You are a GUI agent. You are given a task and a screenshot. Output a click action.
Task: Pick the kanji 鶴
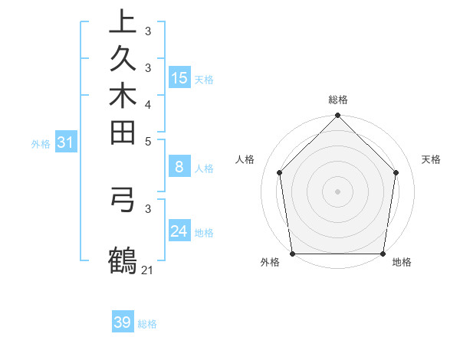coord(123,260)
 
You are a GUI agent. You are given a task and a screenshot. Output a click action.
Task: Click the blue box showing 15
coord(179,78)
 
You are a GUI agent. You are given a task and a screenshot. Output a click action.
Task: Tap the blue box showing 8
coord(179,167)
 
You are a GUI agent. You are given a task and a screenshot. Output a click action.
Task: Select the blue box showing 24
coord(179,231)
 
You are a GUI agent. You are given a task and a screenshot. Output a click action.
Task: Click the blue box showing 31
coord(66,142)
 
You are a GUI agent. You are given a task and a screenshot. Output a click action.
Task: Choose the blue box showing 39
coord(123,322)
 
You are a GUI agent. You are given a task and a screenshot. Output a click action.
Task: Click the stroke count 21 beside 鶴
coord(147,270)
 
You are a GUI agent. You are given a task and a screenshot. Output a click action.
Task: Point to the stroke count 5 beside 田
coord(147,142)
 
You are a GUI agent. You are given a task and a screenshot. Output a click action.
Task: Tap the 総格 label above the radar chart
coord(337,100)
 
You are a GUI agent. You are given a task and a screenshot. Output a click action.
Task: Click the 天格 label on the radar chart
coord(432,159)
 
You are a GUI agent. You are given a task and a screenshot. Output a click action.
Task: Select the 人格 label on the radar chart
coord(245,159)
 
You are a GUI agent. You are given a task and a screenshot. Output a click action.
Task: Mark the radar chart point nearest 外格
coord(292,254)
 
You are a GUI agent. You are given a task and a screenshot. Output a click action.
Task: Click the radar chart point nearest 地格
coord(383,254)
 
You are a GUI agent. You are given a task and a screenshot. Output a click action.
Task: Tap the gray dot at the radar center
coord(337,191)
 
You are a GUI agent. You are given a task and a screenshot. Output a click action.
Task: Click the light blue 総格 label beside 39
coord(147,324)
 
